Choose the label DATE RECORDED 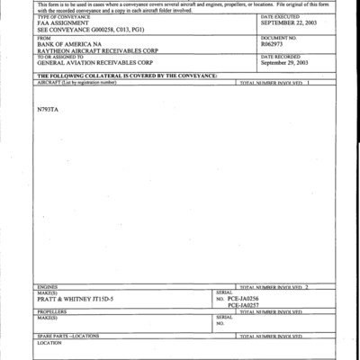279,56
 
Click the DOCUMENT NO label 277,37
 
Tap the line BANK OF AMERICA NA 68,43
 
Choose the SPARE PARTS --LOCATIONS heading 71,336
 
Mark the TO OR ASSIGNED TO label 60,57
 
